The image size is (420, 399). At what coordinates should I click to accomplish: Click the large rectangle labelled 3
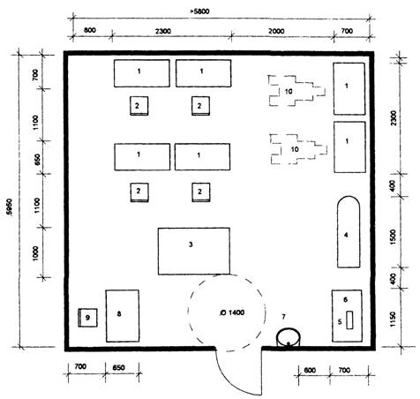pos(194,251)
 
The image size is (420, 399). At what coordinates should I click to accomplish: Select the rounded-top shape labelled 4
pos(349,232)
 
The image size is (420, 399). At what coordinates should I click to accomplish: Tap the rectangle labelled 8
pos(123,316)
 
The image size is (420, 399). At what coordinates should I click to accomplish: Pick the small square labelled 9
pos(87,318)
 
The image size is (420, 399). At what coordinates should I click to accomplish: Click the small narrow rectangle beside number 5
pos(349,320)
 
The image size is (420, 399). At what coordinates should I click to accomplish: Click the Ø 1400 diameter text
pos(232,312)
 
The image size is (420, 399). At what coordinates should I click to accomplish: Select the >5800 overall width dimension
pos(199,11)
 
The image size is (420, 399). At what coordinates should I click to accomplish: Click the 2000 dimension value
pos(276,31)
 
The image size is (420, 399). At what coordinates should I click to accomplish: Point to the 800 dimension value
pos(90,30)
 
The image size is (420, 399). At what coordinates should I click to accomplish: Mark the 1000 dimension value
pos(35,253)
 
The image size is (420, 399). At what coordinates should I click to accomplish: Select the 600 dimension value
pos(310,370)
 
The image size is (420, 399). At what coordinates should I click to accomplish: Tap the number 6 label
pos(346,299)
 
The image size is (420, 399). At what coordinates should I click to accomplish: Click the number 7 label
pos(283,317)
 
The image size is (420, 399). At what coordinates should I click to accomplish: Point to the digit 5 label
pos(340,321)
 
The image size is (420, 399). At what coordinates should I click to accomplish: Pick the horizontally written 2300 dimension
pos(163,31)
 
